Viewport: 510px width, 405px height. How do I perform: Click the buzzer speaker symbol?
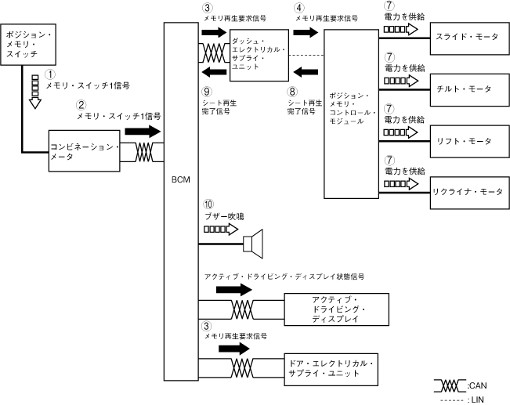(x=255, y=243)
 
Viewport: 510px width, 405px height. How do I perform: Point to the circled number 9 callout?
(x=207, y=92)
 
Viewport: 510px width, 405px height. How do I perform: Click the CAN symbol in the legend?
(x=449, y=385)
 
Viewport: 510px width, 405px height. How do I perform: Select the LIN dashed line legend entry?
(x=449, y=399)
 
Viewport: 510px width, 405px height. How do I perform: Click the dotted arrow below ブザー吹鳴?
(x=219, y=230)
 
